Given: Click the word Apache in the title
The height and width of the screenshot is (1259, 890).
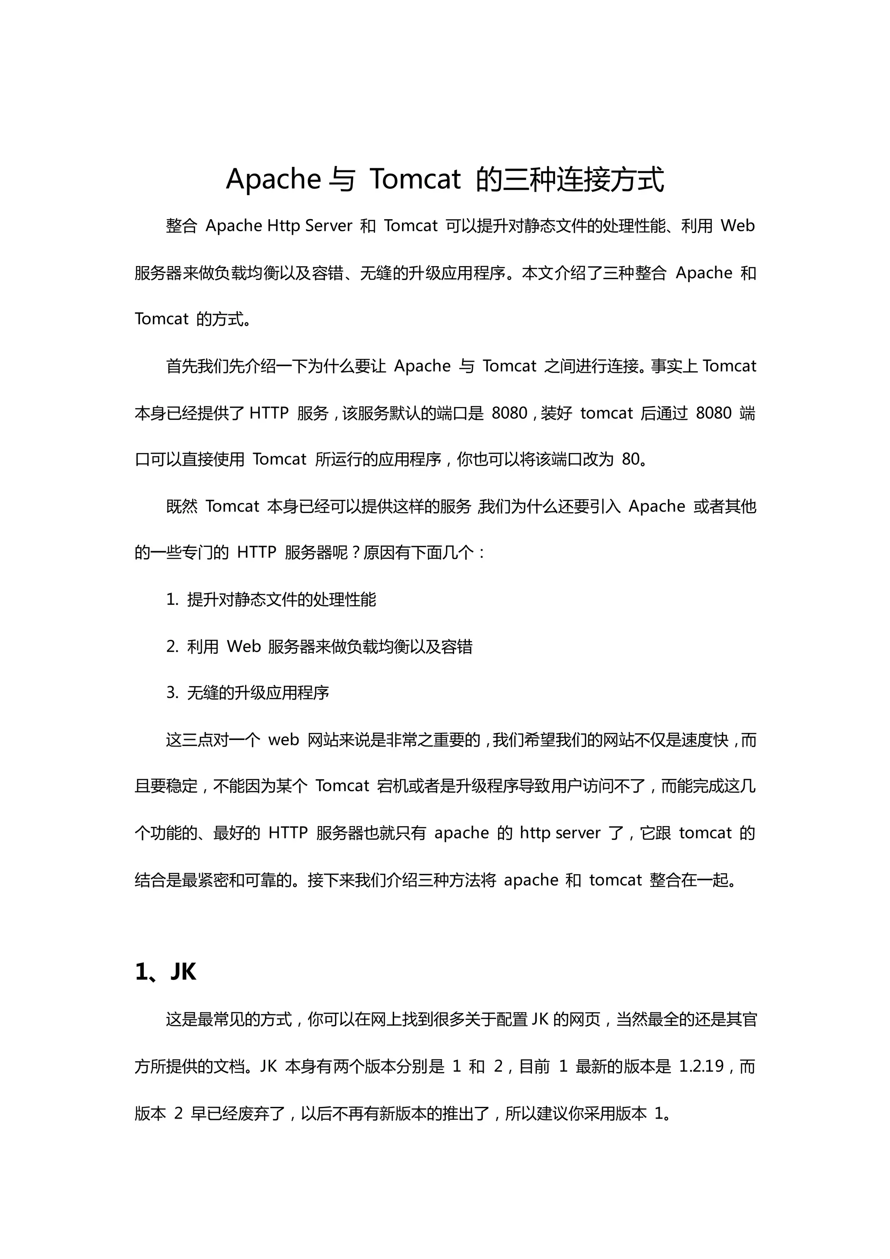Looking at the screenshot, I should (x=273, y=179).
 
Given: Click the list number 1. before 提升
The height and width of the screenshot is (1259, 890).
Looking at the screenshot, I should (x=172, y=600).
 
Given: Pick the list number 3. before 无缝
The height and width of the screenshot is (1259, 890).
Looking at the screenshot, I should (x=172, y=693).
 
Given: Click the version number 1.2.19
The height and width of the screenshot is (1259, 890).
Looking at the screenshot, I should (x=701, y=1066).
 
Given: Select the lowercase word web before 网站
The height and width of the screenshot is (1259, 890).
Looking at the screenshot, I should (x=283, y=740).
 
